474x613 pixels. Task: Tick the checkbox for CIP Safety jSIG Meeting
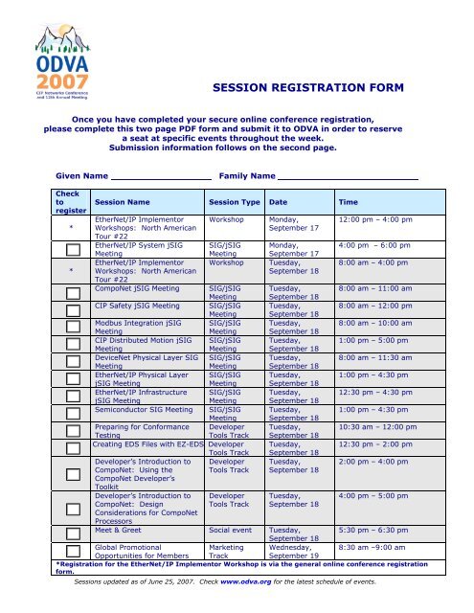pos(72,311)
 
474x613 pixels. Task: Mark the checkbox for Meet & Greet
pos(72,533)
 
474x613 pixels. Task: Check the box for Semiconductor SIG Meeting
pos(72,412)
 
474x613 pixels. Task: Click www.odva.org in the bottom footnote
pos(252,580)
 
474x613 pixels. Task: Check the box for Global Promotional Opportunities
pos(72,552)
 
